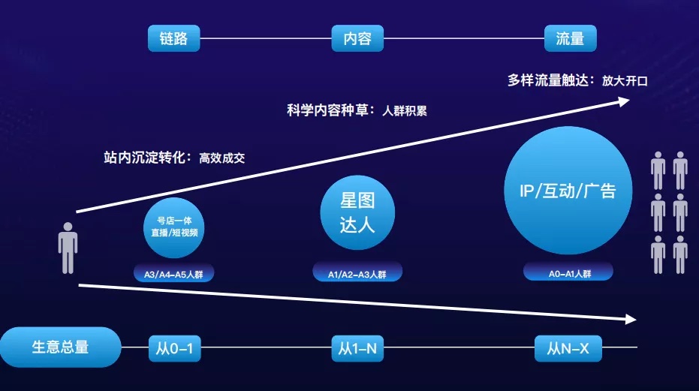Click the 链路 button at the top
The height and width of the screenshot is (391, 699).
(173, 38)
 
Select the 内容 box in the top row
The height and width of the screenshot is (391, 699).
(357, 38)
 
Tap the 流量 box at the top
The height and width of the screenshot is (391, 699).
(570, 38)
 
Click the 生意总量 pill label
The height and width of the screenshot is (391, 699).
(60, 347)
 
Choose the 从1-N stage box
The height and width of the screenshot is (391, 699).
(357, 348)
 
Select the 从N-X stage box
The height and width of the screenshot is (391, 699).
(568, 348)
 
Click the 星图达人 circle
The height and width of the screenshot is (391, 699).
(357, 212)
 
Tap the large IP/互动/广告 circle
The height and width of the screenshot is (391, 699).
(568, 191)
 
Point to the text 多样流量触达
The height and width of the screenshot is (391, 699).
(550, 80)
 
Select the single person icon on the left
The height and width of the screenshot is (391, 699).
(68, 248)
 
